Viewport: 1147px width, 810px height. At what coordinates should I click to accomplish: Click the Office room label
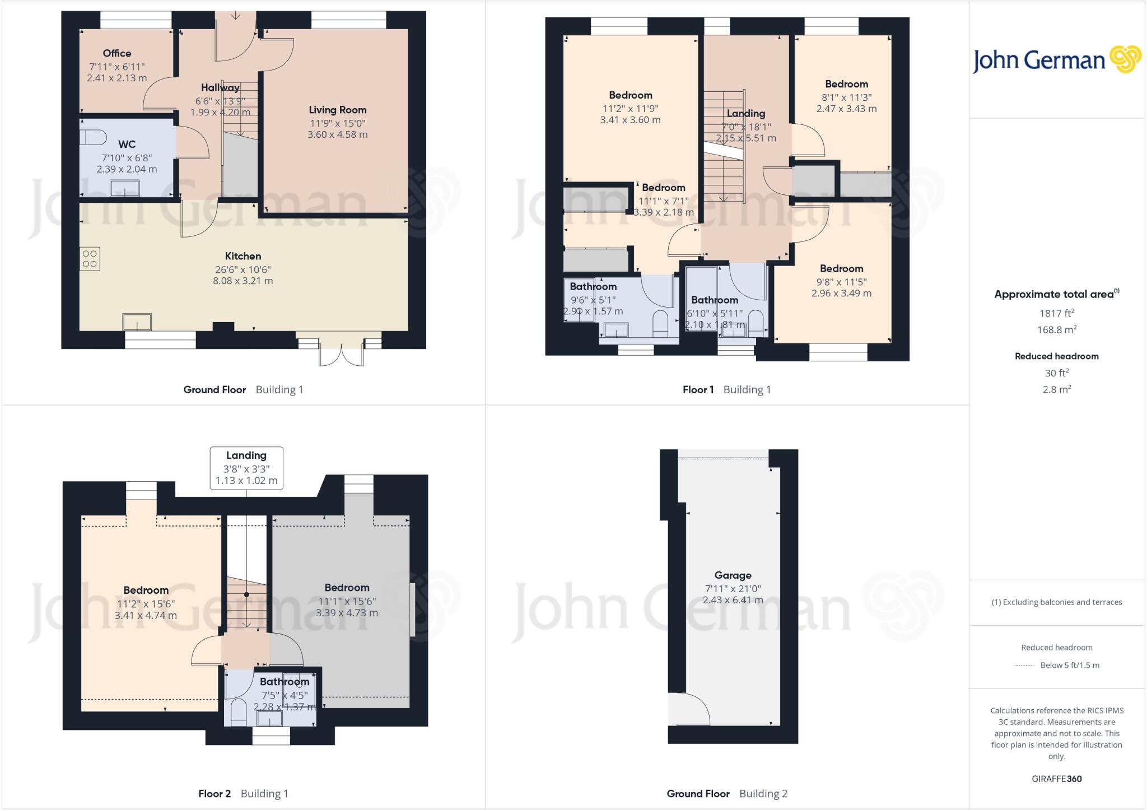point(117,53)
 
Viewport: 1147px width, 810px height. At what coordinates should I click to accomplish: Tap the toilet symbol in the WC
point(92,137)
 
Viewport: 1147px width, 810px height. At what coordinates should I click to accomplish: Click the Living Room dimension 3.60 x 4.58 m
point(337,134)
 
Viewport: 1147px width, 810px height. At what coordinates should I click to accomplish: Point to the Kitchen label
point(243,256)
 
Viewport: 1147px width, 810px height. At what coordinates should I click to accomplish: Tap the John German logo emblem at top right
point(1125,59)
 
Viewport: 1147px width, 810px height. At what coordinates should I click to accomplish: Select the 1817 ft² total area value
point(1056,313)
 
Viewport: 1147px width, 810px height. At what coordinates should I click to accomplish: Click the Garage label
point(733,575)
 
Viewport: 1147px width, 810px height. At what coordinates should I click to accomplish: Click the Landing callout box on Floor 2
point(246,468)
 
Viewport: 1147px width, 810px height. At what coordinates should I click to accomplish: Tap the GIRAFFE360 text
point(1056,779)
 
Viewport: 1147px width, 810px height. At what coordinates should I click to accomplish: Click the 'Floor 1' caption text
point(698,389)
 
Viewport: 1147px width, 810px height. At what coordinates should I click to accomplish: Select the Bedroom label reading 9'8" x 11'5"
point(841,268)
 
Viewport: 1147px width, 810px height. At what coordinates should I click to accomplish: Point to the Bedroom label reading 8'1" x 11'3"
point(846,84)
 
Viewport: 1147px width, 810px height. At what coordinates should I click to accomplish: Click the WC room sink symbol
point(124,188)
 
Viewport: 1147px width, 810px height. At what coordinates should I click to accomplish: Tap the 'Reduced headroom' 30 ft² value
point(1056,373)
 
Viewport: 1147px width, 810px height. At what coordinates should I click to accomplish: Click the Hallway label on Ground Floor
point(220,87)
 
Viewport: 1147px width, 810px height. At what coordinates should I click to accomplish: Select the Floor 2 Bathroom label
point(284,682)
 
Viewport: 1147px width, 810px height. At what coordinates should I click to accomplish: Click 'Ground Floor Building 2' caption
point(726,793)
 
